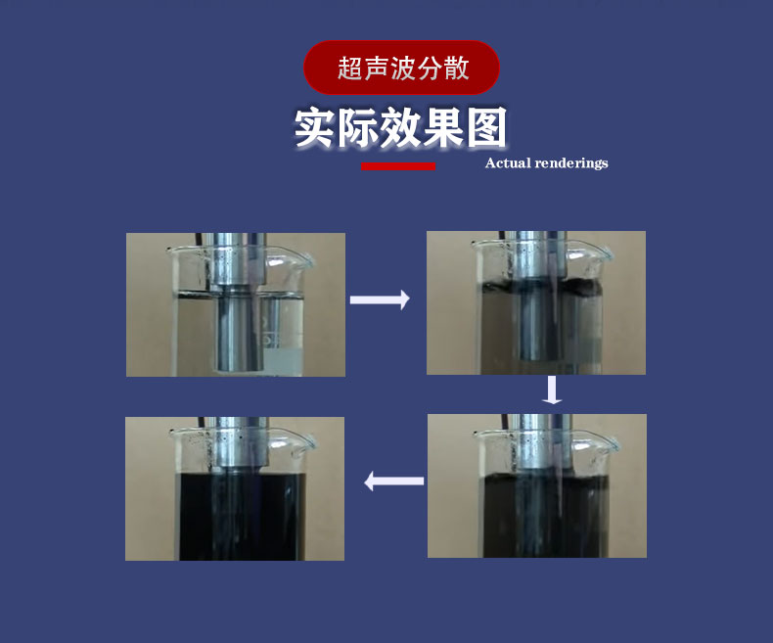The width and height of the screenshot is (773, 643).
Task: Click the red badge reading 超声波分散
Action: [401, 69]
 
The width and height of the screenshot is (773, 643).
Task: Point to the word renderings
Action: [571, 163]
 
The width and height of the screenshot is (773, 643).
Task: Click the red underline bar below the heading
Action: [398, 166]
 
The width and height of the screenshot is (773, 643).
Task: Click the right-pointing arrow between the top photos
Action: [380, 300]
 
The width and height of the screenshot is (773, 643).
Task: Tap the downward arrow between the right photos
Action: [553, 390]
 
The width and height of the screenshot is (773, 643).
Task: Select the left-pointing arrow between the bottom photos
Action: [394, 481]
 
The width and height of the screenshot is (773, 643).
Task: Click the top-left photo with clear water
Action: [235, 304]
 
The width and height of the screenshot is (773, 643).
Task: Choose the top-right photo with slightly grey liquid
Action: [536, 302]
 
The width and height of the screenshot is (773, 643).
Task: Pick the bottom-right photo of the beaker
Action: [536, 485]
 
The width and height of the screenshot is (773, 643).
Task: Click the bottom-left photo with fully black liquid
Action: [235, 488]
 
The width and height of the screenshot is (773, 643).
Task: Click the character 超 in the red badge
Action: [348, 69]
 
